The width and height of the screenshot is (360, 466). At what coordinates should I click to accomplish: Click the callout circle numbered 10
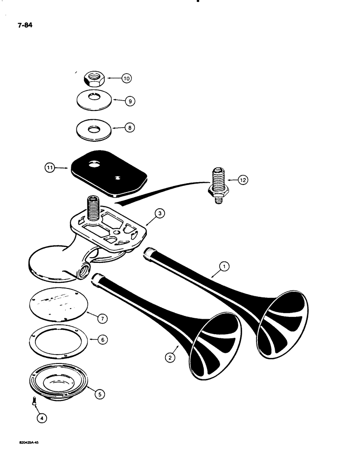(x=126, y=79)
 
